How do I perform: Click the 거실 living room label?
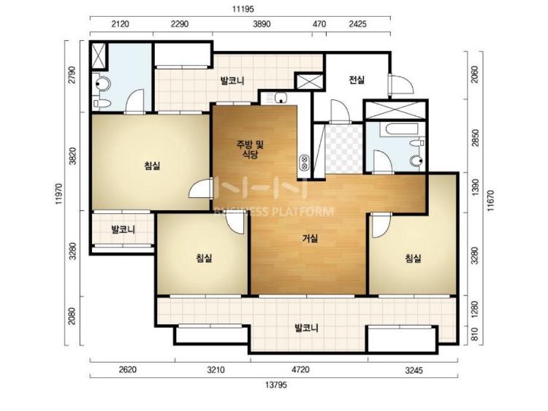pyautogui.click(x=310, y=239)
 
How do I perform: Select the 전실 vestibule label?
pyautogui.click(x=357, y=80)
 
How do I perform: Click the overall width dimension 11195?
pyautogui.click(x=243, y=9)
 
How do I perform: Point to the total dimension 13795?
pyautogui.click(x=275, y=385)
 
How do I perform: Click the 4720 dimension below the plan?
pyautogui.click(x=300, y=369)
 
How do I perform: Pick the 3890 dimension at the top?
pyautogui.click(x=262, y=24)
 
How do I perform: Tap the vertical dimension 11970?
pyautogui.click(x=60, y=193)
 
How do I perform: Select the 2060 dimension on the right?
pyautogui.click(x=474, y=74)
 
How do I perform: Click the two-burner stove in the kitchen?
pyautogui.click(x=303, y=162)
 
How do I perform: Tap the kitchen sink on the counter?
pyautogui.click(x=281, y=97)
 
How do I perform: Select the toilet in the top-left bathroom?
pyautogui.click(x=102, y=104)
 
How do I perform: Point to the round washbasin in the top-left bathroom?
pyautogui.click(x=103, y=84)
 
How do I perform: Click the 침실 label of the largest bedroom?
pyautogui.click(x=152, y=166)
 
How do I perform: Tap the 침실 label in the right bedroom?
pyautogui.click(x=413, y=258)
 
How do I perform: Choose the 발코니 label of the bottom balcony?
pyautogui.click(x=306, y=329)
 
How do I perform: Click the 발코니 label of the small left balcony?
pyautogui.click(x=123, y=230)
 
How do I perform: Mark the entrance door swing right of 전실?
pyautogui.click(x=401, y=85)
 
